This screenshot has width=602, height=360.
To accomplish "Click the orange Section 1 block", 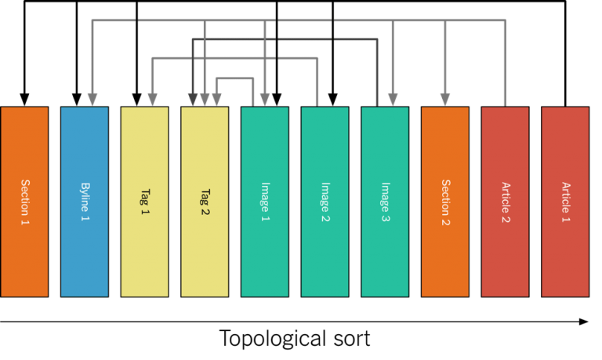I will [24, 202].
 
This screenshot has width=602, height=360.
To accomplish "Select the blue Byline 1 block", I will [85, 202].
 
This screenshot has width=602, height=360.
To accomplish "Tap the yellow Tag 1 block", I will [144, 202].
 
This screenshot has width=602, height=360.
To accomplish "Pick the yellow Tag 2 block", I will [205, 202].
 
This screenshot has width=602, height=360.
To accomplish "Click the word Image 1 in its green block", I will [265, 202].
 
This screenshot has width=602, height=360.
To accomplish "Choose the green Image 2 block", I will [325, 202].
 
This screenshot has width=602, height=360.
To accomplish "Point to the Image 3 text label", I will [385, 202].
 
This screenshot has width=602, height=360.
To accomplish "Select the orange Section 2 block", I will [445, 202].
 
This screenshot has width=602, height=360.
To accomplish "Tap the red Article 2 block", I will [505, 202].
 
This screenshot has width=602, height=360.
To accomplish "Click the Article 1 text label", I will [565, 202].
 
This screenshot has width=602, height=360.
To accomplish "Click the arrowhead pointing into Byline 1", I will [92, 100].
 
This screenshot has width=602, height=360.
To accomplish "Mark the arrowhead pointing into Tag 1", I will [152, 100].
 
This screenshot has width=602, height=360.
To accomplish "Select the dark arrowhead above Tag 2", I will [193, 100].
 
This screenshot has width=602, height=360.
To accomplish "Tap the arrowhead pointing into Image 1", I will [265, 100].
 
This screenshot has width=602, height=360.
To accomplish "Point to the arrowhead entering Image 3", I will [393, 100].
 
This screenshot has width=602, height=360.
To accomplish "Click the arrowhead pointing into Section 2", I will [445, 100].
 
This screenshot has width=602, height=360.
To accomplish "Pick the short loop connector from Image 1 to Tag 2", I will [235, 78].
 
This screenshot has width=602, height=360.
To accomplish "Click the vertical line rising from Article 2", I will [505, 63].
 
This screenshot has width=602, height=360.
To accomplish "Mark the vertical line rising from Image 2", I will [317, 82].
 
